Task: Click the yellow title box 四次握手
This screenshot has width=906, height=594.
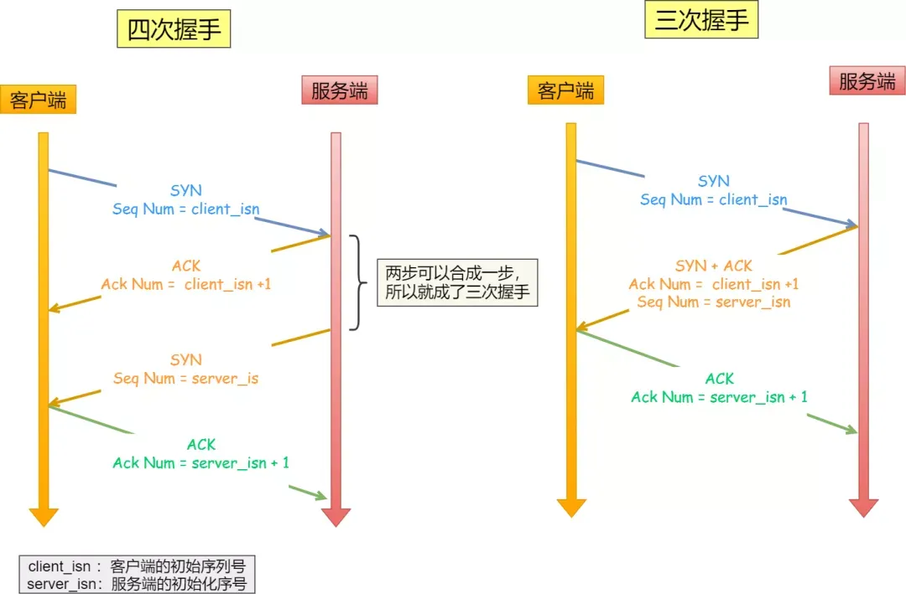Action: pyautogui.click(x=173, y=30)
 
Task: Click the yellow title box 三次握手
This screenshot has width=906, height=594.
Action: pyautogui.click(x=701, y=20)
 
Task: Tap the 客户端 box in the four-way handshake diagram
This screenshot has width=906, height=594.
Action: pyautogui.click(x=39, y=100)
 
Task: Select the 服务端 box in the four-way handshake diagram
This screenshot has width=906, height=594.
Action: pyautogui.click(x=339, y=90)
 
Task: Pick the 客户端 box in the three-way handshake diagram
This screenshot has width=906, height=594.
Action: pyautogui.click(x=566, y=90)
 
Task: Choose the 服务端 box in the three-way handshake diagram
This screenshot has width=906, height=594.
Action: pyautogui.click(x=867, y=81)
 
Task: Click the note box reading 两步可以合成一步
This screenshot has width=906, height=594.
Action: pyautogui.click(x=456, y=282)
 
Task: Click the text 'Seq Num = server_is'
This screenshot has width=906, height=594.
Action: pyautogui.click(x=186, y=378)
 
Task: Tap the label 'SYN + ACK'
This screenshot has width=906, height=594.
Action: pyautogui.click(x=714, y=266)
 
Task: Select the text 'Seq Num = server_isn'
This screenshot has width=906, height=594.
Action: pyautogui.click(x=714, y=302)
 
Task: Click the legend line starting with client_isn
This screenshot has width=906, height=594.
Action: pyautogui.click(x=137, y=566)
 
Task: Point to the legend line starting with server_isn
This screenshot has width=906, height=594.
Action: pyautogui.click(x=137, y=583)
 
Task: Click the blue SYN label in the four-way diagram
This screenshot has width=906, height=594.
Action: pyautogui.click(x=186, y=191)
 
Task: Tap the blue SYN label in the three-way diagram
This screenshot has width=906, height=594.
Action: pyautogui.click(x=714, y=181)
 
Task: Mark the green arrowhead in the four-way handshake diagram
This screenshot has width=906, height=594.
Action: pyautogui.click(x=320, y=497)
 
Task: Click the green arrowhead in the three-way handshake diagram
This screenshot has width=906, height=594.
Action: pyautogui.click(x=851, y=430)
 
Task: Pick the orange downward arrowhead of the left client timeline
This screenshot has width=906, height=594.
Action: pyautogui.click(x=44, y=516)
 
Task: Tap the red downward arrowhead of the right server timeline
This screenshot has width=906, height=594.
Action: pyautogui.click(x=863, y=507)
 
